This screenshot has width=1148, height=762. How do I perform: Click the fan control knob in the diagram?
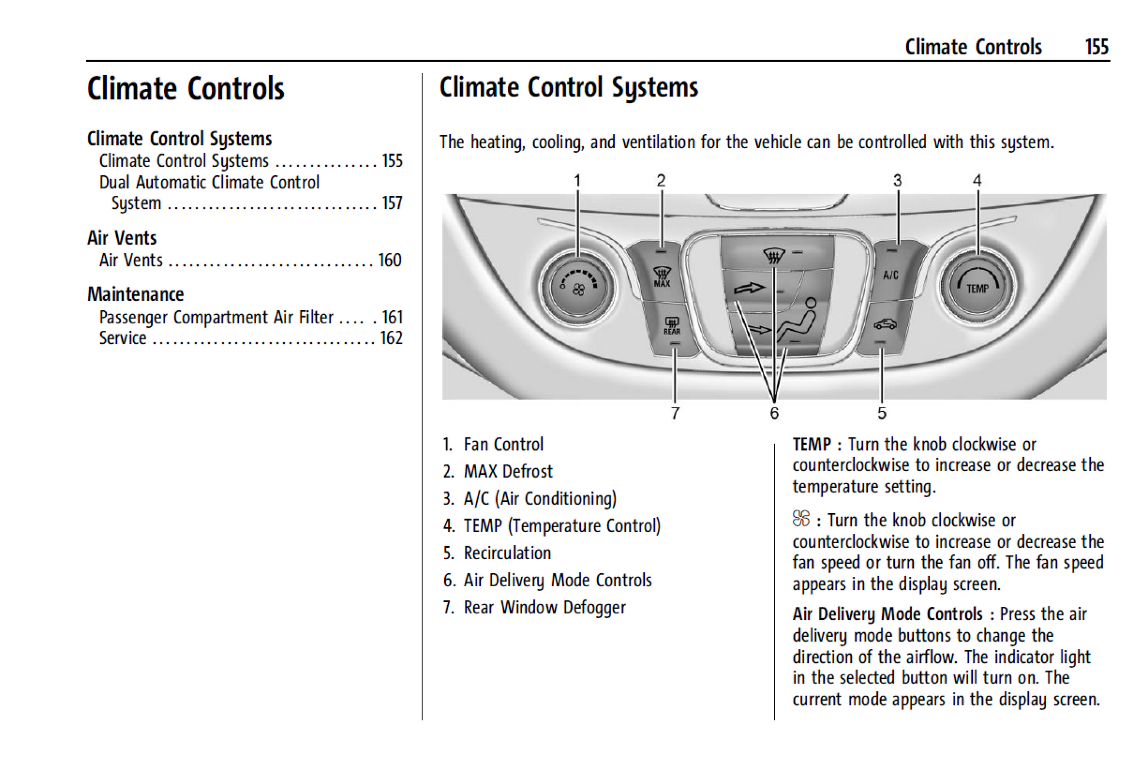point(578,288)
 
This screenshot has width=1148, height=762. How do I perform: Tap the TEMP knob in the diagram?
point(977,287)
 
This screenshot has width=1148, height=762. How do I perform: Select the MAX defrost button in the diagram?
point(661,276)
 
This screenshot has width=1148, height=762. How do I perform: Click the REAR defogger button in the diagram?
point(672,326)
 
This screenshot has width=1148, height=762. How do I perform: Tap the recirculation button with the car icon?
point(884,324)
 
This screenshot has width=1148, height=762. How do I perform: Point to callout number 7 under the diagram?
point(675,413)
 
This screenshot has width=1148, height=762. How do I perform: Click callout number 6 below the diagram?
point(774,413)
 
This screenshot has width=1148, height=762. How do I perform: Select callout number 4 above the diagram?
point(977,180)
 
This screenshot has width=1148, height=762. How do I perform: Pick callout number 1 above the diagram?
point(578,180)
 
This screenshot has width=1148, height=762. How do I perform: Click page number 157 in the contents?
point(392,203)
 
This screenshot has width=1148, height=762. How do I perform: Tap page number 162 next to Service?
point(392,338)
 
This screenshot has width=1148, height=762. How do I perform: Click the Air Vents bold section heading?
point(122,238)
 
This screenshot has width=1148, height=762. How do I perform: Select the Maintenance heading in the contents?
point(136,294)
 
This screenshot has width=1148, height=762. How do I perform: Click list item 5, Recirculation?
point(507,553)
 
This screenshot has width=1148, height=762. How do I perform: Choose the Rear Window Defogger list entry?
point(544,607)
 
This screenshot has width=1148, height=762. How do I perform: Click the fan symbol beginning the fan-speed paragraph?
point(801,519)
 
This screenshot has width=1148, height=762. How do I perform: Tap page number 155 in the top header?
point(1097,47)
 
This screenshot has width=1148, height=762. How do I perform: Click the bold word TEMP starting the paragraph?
point(811,444)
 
